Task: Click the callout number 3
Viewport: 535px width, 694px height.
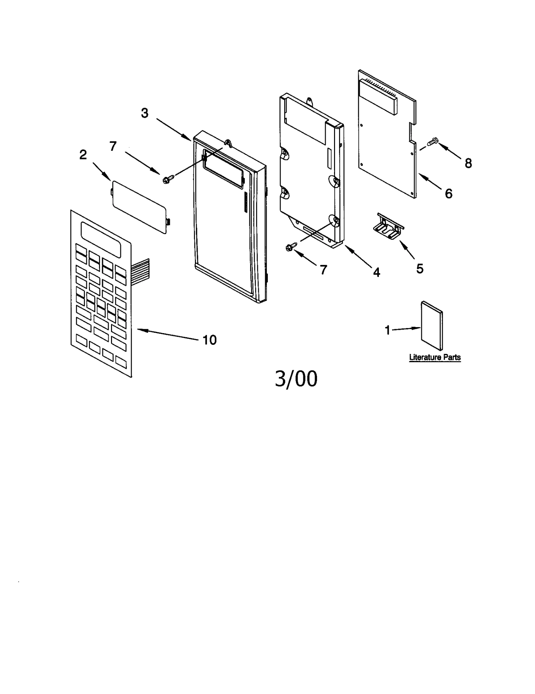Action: point(144,113)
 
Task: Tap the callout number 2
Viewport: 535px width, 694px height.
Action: point(83,155)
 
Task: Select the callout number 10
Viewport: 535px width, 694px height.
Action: point(210,340)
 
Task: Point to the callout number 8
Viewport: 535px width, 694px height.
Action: point(468,163)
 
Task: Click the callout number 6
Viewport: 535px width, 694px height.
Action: point(448,193)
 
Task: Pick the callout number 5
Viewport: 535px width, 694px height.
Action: point(420,269)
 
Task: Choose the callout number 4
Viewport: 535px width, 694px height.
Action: point(377,273)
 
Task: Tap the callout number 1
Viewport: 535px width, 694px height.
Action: point(387,330)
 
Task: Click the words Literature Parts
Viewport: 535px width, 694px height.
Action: point(435,357)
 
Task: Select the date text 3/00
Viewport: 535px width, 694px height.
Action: point(296,379)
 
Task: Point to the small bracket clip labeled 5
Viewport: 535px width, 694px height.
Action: point(388,226)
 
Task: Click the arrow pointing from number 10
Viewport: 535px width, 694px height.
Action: point(167,335)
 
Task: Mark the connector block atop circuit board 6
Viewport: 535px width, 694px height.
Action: point(378,96)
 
